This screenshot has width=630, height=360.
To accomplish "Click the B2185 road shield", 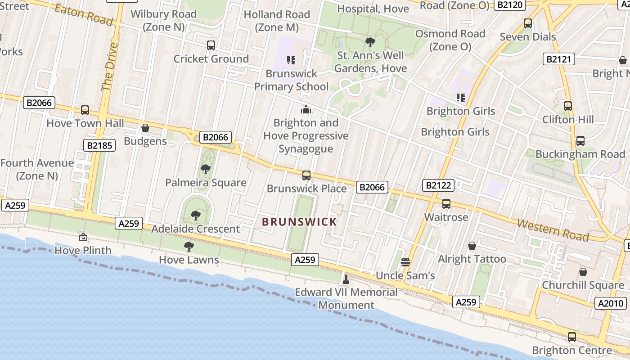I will (100, 145).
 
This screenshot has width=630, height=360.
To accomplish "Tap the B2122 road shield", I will (438, 185).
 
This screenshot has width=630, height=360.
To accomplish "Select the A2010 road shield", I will (610, 304).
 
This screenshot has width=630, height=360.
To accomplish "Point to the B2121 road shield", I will (558, 59).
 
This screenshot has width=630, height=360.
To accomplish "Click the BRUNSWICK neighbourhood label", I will (299, 222).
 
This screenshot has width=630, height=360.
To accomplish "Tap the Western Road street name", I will (553, 229).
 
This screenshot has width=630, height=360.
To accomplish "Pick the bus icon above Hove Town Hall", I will (85, 110).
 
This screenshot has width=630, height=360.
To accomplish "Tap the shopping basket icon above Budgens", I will (145, 128).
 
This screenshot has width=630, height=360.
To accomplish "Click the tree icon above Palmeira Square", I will (205, 170).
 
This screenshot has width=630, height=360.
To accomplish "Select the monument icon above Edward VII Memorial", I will (346, 279).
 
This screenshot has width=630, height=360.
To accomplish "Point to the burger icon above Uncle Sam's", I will (405, 262).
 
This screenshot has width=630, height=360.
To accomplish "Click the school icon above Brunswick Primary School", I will (291, 60).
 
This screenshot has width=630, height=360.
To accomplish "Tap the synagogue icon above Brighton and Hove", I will (306, 109).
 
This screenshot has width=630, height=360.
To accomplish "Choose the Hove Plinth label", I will (83, 250).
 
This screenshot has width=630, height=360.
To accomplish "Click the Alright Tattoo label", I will (472, 259).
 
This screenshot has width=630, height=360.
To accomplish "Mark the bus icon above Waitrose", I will (446, 204).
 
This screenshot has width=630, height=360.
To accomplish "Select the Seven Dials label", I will (528, 37).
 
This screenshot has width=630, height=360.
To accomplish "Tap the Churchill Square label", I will (583, 285).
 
